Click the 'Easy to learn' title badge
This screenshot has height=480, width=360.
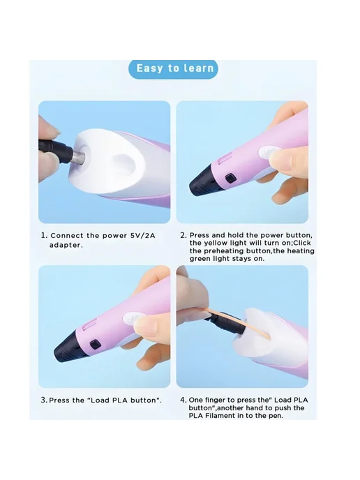pyautogui.click(x=173, y=68)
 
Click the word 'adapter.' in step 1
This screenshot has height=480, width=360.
pyautogui.click(x=66, y=245)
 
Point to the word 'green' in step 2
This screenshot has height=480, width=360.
pyautogui.click(x=199, y=258)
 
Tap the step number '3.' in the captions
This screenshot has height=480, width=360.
pyautogui.click(x=44, y=400)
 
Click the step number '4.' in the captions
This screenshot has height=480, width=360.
pyautogui.click(x=183, y=400)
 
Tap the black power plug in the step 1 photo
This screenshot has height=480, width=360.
pyautogui.click(x=56, y=149)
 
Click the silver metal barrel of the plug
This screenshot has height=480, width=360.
pyautogui.click(x=77, y=156)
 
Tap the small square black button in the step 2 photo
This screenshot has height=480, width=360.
pyautogui.click(x=230, y=179)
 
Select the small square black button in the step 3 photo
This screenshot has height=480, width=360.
pyautogui.click(x=95, y=344)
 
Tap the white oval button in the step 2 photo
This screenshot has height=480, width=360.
pyautogui.click(x=267, y=152)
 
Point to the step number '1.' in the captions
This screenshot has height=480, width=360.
pyautogui.click(x=45, y=236)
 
